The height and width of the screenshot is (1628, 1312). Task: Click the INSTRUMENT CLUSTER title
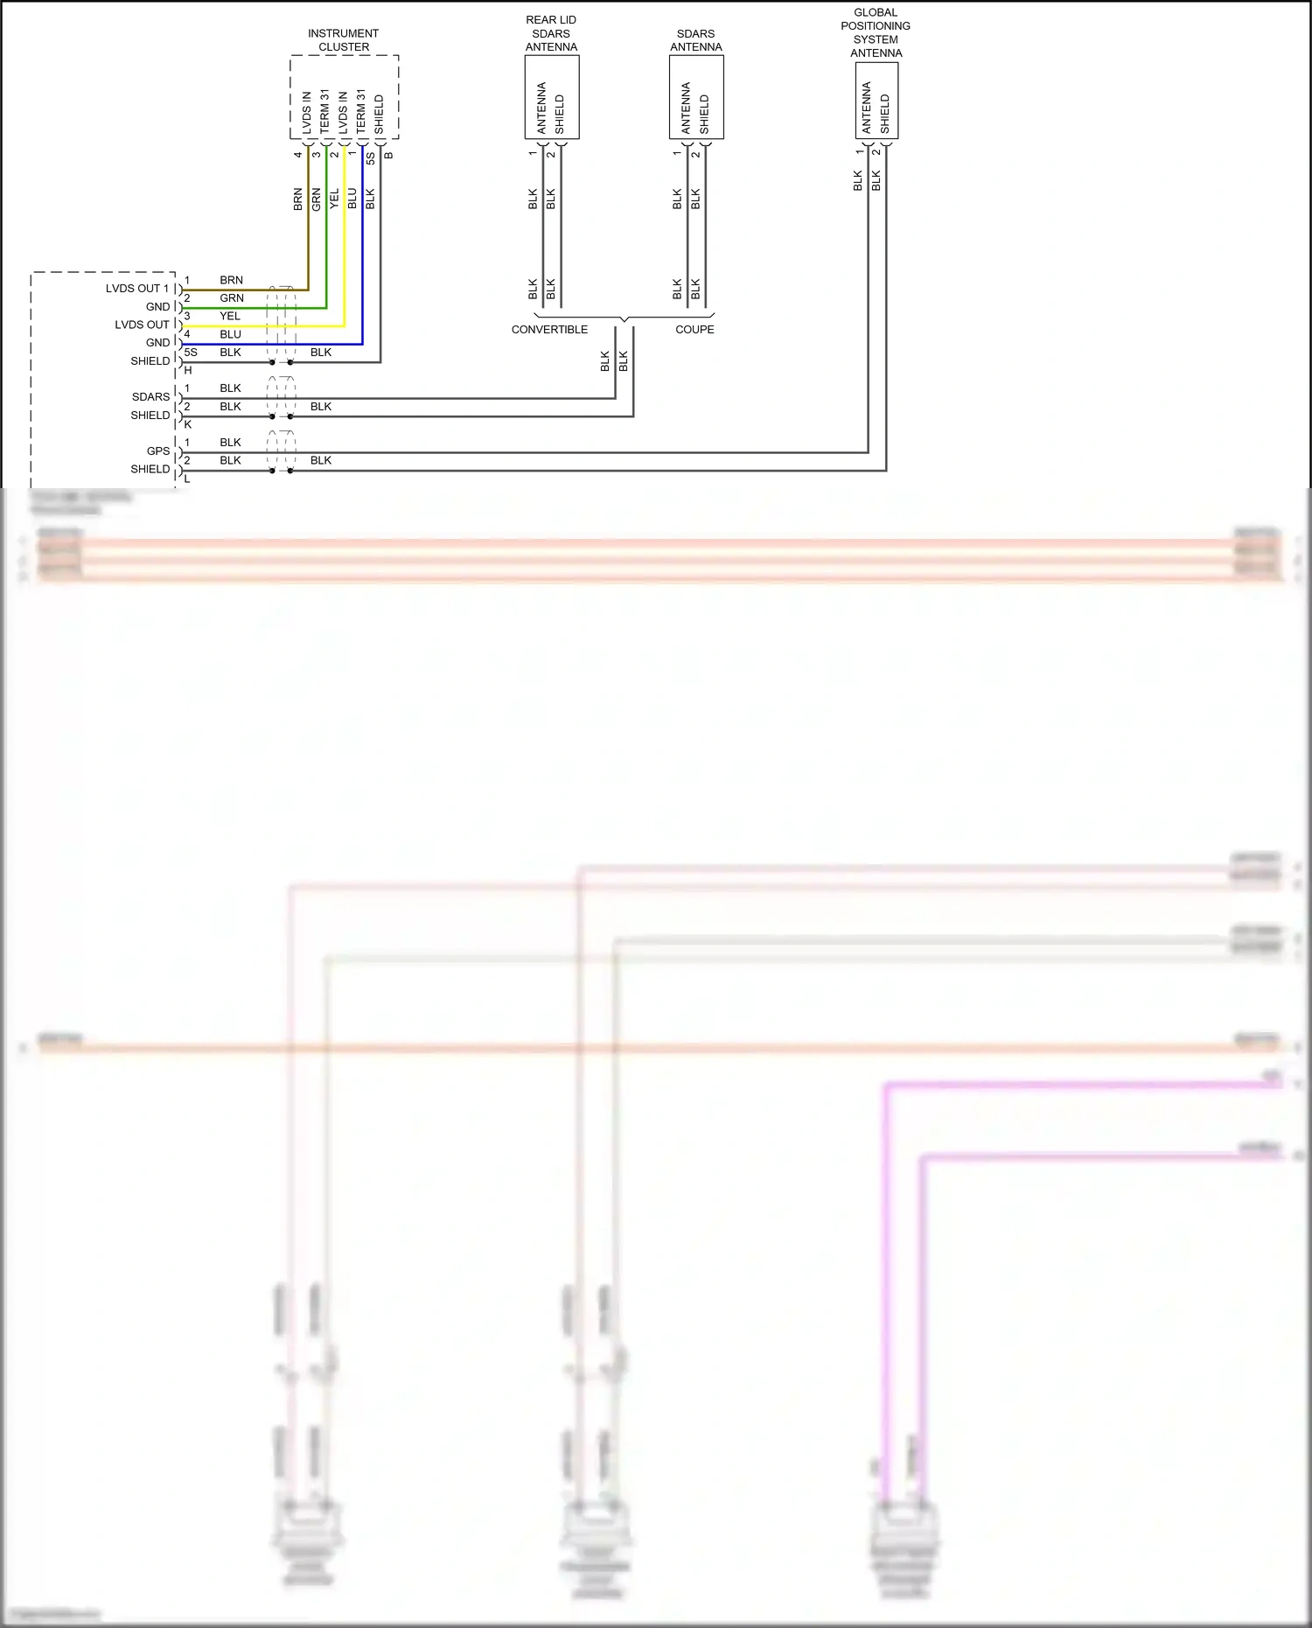pyautogui.click(x=344, y=40)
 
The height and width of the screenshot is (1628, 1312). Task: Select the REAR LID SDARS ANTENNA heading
pyautogui.click(x=551, y=33)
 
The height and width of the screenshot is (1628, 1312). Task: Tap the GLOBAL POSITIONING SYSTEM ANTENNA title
pyautogui.click(x=876, y=32)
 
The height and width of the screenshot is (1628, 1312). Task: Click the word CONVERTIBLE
pyautogui.click(x=549, y=330)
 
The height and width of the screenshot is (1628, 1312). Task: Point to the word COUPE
pyautogui.click(x=694, y=330)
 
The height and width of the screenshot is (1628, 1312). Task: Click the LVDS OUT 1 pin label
pyautogui.click(x=137, y=289)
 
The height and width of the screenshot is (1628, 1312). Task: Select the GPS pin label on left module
pyautogui.click(x=158, y=451)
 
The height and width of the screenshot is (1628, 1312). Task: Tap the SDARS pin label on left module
pyautogui.click(x=150, y=397)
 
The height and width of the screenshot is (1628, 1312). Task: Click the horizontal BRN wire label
pyautogui.click(x=231, y=281)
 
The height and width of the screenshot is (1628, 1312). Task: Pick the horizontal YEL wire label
pyautogui.click(x=230, y=317)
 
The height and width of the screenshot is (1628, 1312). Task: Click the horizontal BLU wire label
pyautogui.click(x=230, y=335)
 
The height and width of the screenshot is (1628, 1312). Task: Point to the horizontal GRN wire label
pyautogui.click(x=231, y=298)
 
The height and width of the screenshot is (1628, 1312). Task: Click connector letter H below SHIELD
pyautogui.click(x=187, y=371)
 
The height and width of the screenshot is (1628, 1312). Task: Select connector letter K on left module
pyautogui.click(x=187, y=425)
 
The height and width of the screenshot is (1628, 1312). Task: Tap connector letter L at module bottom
pyautogui.click(x=187, y=479)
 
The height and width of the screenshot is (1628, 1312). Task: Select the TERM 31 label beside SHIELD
pyautogui.click(x=360, y=112)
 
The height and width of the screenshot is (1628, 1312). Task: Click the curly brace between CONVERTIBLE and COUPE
pyautogui.click(x=624, y=318)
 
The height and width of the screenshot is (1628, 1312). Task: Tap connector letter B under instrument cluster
pyautogui.click(x=388, y=156)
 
